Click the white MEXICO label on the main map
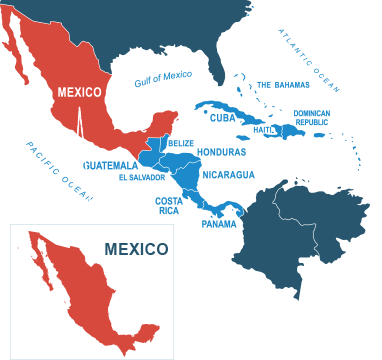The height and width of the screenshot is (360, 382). tap(80, 92)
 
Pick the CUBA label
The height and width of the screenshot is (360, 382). tap(222, 117)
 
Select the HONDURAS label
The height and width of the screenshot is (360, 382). tap(222, 152)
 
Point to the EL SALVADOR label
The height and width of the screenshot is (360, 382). tap(141, 177)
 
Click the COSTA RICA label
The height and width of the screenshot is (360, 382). tap(168, 205)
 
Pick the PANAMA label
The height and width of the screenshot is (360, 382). tap(219, 223)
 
